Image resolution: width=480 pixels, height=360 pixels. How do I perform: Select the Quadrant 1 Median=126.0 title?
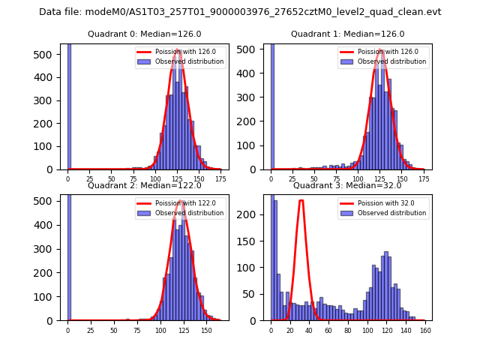(x=347, y=34)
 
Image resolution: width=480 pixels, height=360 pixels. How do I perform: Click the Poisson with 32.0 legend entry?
(x=390, y=202)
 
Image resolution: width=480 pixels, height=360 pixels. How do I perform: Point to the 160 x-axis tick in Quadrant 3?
(x=424, y=331)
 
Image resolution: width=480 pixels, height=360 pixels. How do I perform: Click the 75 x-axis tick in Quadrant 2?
(x=137, y=331)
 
